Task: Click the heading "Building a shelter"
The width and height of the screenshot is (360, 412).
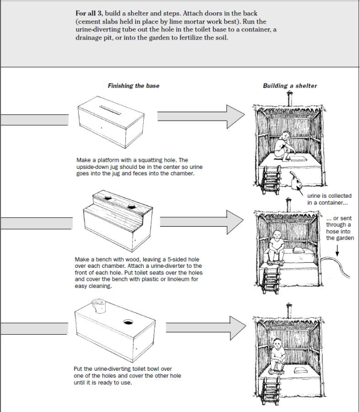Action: click(x=290, y=86)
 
